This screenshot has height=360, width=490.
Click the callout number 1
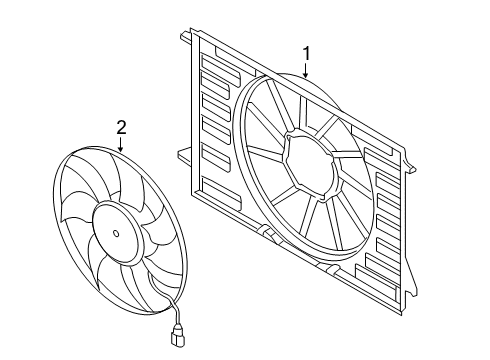click(306, 54)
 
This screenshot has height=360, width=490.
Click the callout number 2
click(121, 128)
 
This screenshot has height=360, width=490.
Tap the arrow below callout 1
click(306, 70)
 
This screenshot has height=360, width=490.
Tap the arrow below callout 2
click(121, 144)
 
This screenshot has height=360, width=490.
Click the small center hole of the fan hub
click(116, 233)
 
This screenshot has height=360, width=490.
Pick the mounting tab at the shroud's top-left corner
click(186, 37)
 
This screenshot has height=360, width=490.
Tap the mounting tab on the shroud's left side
click(184, 155)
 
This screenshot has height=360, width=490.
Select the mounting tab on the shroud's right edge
click(410, 166)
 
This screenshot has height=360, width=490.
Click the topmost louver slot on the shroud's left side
click(221, 69)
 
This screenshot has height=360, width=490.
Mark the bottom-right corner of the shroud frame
click(402, 315)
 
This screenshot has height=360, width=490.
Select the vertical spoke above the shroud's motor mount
click(303, 112)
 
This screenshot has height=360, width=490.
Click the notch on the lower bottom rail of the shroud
click(329, 267)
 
